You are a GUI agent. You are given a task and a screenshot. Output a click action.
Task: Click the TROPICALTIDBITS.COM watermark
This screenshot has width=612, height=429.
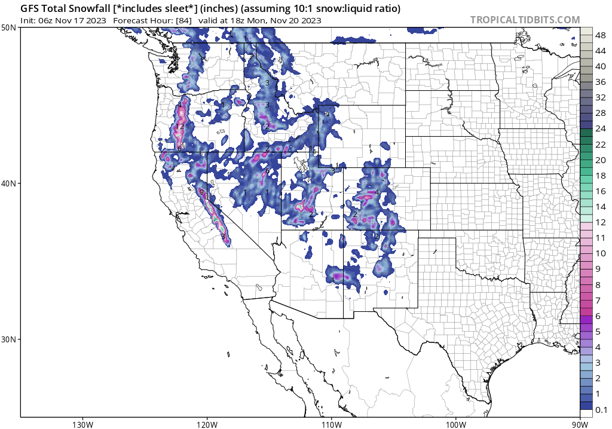(525, 20)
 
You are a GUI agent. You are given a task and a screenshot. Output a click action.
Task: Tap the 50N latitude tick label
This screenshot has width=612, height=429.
(9, 27)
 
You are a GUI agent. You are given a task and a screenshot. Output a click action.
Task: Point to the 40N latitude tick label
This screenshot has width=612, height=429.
(9, 183)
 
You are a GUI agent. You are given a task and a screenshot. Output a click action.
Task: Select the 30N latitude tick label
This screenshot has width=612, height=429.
(9, 339)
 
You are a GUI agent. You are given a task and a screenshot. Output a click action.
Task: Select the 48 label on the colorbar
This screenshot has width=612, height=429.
(601, 36)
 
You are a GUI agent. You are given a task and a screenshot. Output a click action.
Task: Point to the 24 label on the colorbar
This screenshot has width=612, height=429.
(601, 129)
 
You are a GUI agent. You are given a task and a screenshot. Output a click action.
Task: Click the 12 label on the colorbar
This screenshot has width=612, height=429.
(601, 222)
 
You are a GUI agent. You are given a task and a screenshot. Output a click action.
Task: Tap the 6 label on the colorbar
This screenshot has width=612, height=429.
(598, 315)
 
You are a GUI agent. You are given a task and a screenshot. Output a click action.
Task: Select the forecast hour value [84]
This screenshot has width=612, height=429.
(183, 20)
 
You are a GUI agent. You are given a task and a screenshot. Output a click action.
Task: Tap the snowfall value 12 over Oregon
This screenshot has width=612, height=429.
(179, 127)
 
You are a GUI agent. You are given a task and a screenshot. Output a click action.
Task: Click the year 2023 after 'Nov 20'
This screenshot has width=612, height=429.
(311, 20)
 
